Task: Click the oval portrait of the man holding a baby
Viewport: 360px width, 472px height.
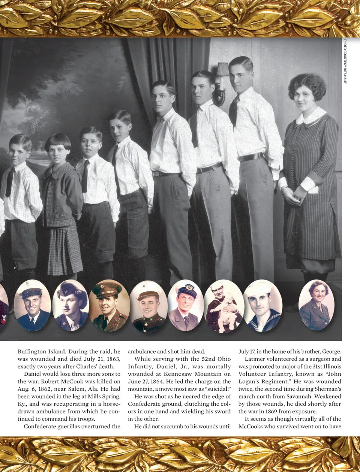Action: [224, 306]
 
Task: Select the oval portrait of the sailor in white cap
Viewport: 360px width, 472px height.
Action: [262, 306]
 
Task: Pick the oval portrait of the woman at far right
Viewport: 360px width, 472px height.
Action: [316, 306]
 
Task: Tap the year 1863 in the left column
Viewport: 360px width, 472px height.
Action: [112, 359]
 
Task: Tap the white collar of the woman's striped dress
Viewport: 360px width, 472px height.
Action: [310, 117]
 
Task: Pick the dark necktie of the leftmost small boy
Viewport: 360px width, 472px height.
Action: [10, 182]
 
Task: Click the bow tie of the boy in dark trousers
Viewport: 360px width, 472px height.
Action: [160, 119]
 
